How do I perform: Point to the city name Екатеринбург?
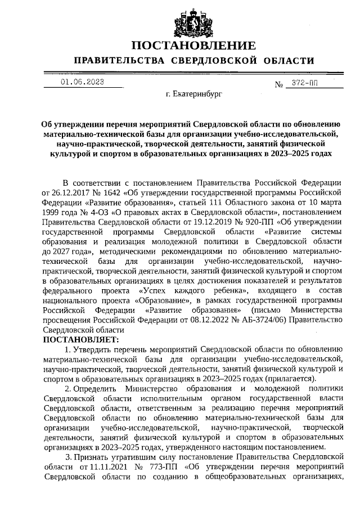(194, 95)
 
